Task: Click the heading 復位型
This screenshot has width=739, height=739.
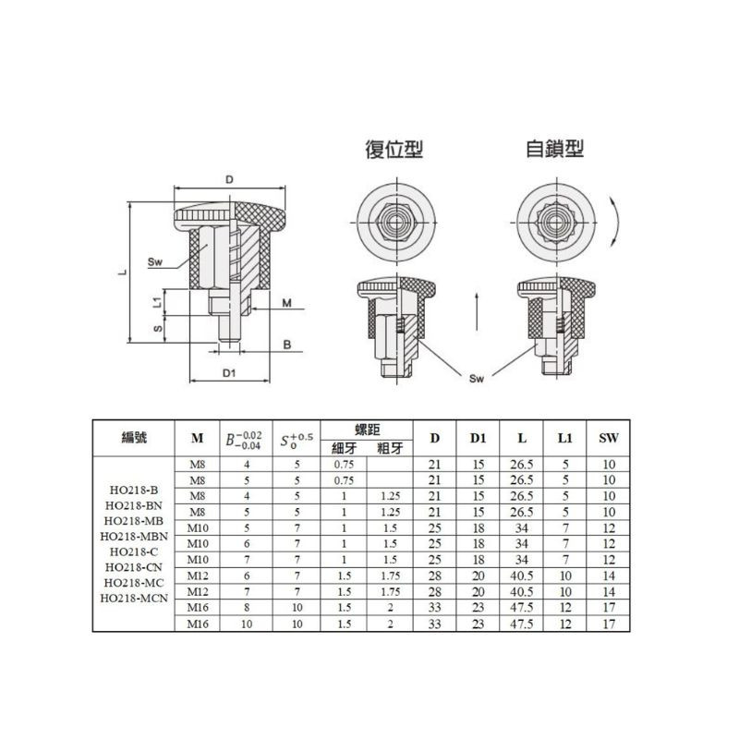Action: click(394, 149)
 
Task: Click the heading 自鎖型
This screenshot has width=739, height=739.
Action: click(555, 149)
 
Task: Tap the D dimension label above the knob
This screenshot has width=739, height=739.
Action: click(229, 179)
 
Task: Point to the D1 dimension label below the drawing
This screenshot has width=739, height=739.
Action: click(229, 373)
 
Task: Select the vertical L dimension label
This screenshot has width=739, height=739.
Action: click(122, 272)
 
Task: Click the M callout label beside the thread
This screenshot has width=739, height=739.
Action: click(287, 303)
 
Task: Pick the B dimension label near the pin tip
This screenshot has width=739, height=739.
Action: click(287, 345)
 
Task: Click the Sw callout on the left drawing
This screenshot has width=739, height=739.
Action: click(154, 262)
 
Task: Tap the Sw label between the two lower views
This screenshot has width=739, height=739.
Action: click(477, 379)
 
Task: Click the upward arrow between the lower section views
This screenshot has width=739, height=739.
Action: click(477, 311)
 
